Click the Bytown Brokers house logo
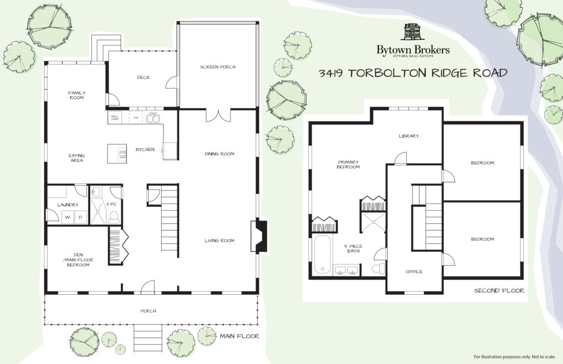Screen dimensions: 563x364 coord(413,32)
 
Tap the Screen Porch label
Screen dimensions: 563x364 coord(218,66)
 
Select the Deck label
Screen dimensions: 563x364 coord(143,77)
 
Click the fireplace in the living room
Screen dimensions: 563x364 coord(260,237)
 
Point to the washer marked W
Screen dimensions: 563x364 coord(68,217)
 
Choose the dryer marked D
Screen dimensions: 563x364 coord(80,217)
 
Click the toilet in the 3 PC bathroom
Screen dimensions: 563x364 coord(114,217)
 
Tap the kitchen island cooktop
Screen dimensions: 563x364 coord(123,154)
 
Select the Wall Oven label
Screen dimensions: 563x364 coord(115,117)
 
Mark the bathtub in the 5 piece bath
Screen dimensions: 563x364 coord(322,254)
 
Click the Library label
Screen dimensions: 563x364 coord(409,136)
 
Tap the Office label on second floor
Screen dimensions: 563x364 coord(414,271)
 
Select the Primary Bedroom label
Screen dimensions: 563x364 coord(348,164)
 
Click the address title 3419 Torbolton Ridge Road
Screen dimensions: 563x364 coord(413,73)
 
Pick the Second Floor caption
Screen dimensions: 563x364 coord(499,290)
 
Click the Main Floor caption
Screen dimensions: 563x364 coord(240,336)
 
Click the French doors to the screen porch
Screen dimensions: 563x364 coord(218,115)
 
